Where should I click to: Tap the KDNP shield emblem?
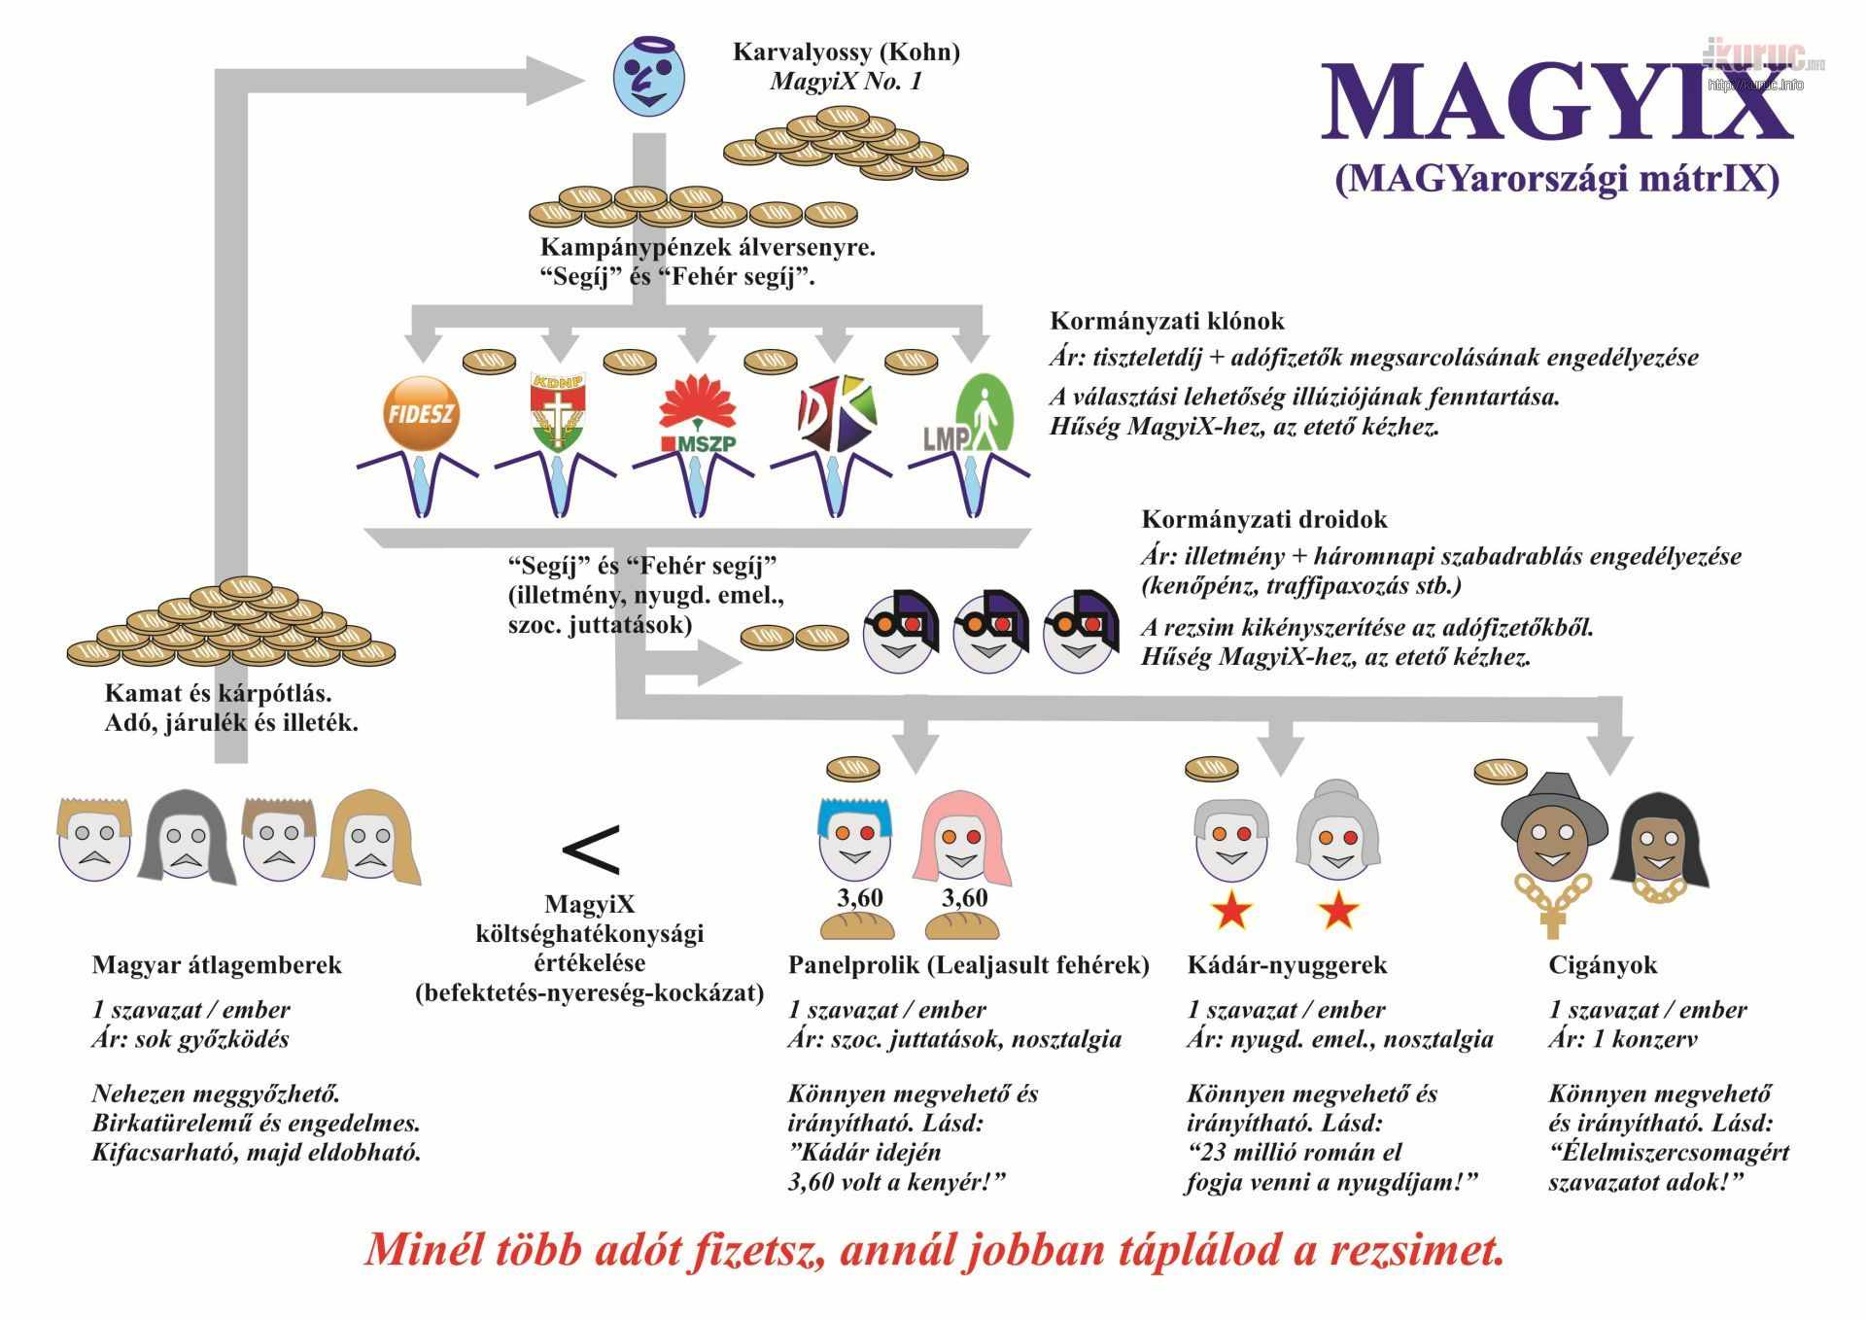[558, 412]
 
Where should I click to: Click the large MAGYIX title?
[1556, 103]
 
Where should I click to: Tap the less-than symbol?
[590, 850]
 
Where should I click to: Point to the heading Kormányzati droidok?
[1263, 519]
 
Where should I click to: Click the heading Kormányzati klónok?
[1167, 321]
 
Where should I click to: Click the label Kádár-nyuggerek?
[1287, 965]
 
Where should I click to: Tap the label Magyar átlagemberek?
[217, 965]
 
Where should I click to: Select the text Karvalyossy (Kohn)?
[846, 52]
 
